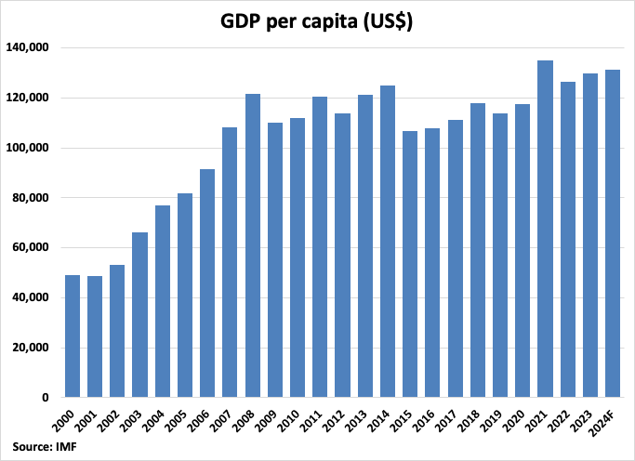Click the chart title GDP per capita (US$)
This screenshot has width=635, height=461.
[317, 21]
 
